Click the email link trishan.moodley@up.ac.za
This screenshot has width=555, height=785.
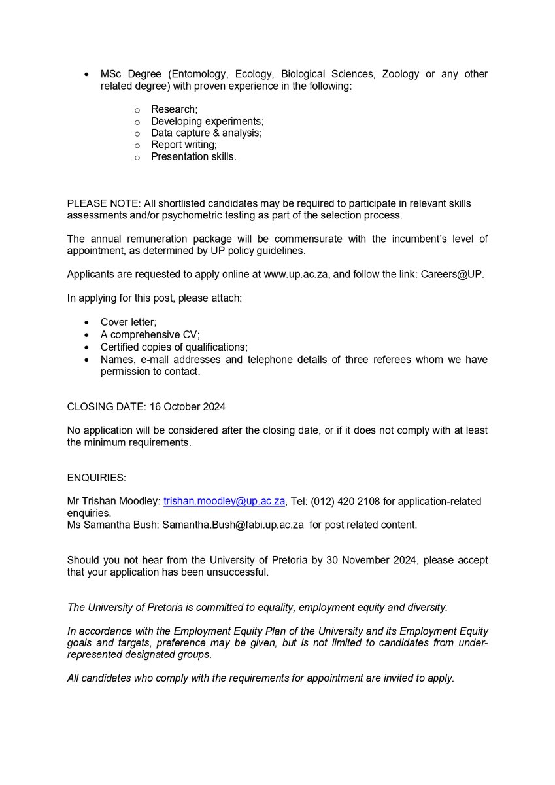(x=224, y=501)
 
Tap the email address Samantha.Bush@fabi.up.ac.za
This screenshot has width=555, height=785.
(x=233, y=524)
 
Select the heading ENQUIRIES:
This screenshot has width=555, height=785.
(x=95, y=478)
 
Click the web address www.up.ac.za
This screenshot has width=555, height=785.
(x=295, y=274)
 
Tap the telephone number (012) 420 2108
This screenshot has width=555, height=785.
(x=347, y=501)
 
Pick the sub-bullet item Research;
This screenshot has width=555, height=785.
(x=174, y=109)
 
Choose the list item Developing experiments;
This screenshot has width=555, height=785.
(x=207, y=121)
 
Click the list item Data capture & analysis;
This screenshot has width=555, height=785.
(x=206, y=133)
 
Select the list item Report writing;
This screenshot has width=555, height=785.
(x=184, y=145)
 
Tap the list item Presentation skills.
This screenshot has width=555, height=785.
(x=193, y=156)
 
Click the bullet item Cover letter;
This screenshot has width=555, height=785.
(x=128, y=323)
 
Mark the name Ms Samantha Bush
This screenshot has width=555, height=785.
(x=112, y=524)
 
